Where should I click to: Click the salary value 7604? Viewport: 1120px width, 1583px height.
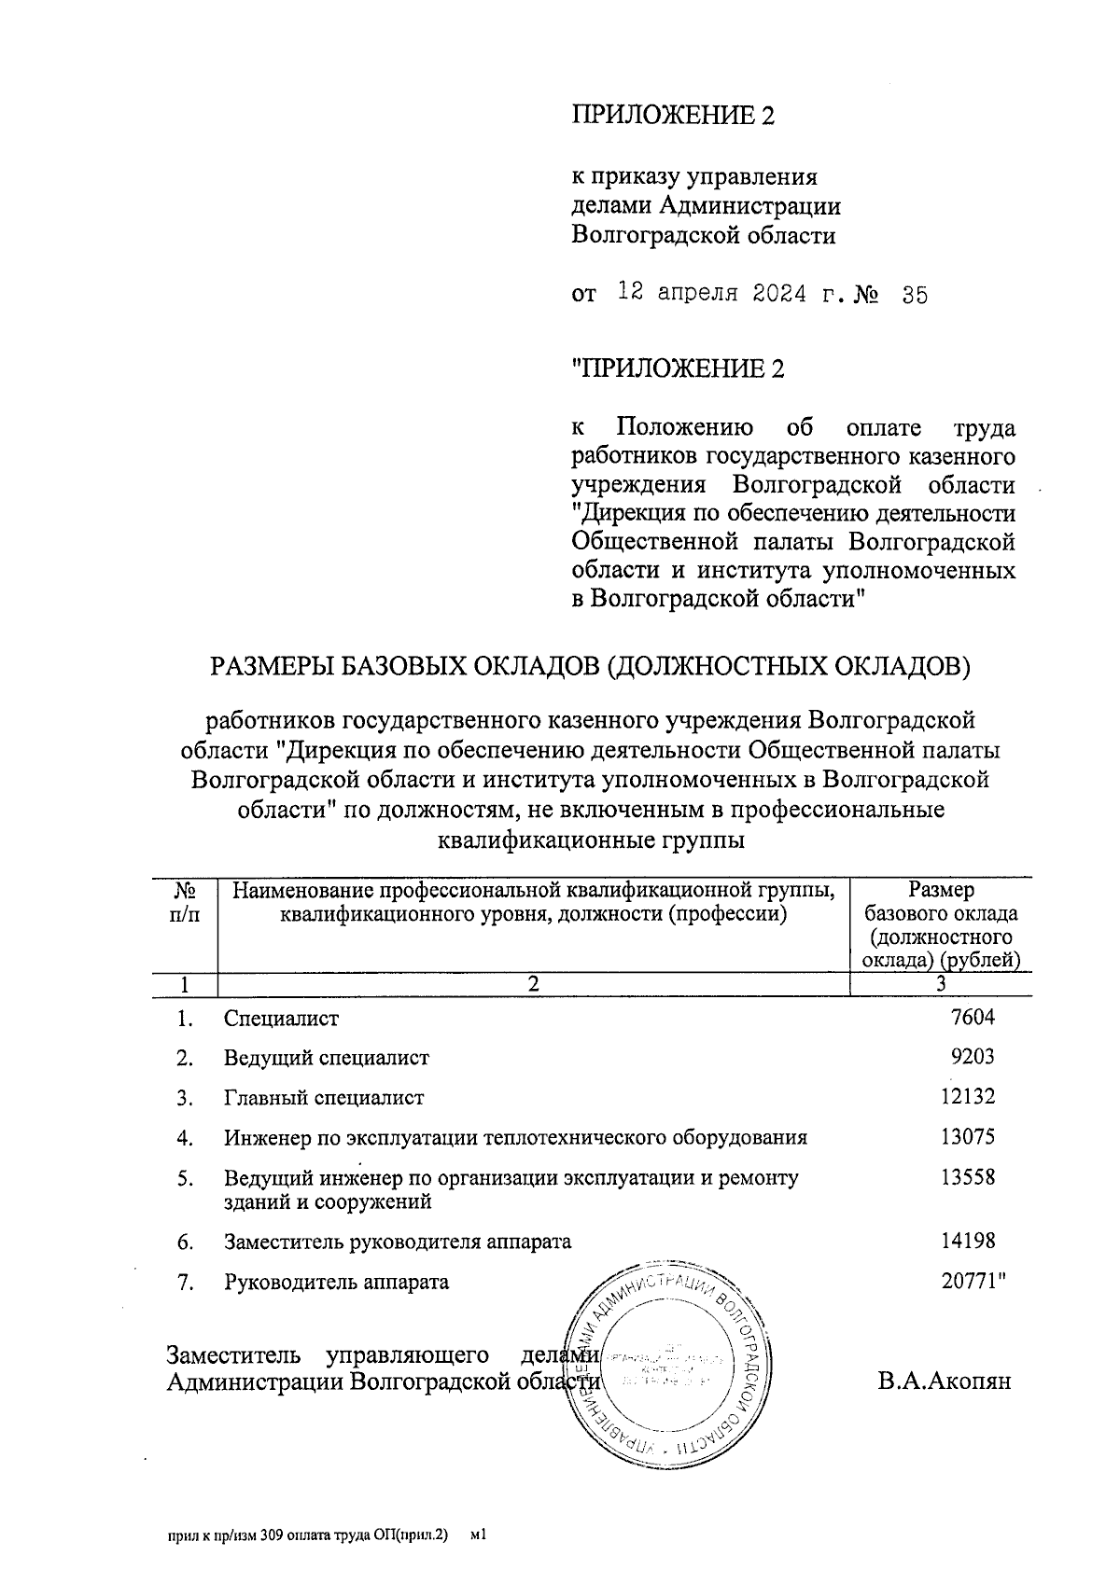[972, 1018]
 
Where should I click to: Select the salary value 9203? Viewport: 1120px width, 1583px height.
[972, 1057]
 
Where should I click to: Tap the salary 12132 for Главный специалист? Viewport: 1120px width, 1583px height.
[968, 1097]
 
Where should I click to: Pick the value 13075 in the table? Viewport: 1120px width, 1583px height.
[968, 1136]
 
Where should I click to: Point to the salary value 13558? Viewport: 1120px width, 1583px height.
[968, 1176]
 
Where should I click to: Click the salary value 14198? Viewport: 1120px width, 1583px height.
[968, 1241]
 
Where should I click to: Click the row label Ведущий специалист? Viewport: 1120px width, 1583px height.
[326, 1058]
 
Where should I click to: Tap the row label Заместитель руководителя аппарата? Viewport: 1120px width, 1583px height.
[397, 1242]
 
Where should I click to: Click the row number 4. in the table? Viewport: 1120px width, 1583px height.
[185, 1138]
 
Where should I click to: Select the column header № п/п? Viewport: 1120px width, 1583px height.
[185, 903]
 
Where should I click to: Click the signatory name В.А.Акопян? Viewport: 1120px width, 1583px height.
[944, 1381]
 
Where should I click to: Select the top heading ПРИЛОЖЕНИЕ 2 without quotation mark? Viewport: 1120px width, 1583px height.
[673, 115]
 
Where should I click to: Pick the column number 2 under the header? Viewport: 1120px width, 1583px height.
[533, 983]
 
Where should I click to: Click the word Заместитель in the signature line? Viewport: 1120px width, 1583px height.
[233, 1354]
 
